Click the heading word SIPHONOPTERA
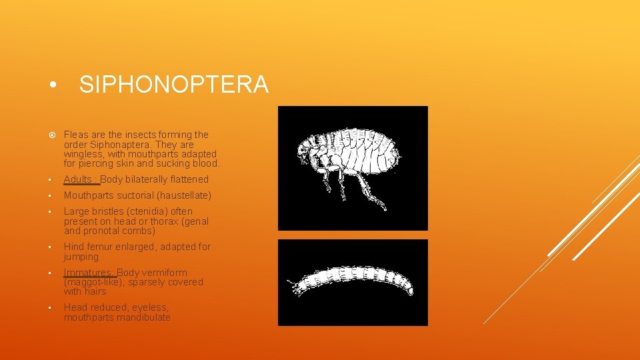(x=173, y=85)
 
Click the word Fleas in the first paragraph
(x=76, y=135)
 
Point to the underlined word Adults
(x=78, y=179)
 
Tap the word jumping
(x=81, y=257)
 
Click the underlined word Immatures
(x=89, y=273)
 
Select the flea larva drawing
(x=353, y=282)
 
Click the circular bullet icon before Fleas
(x=51, y=135)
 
